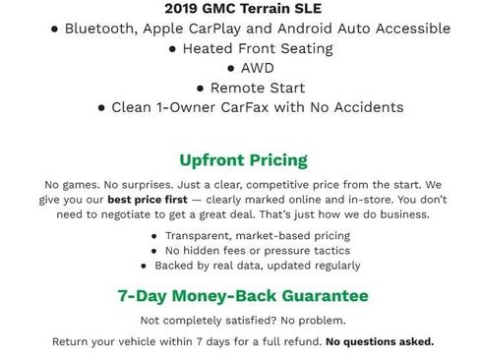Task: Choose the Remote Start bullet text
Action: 251,87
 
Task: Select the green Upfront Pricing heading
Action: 243,159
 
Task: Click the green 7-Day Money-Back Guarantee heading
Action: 242,295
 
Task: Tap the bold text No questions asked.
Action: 380,342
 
